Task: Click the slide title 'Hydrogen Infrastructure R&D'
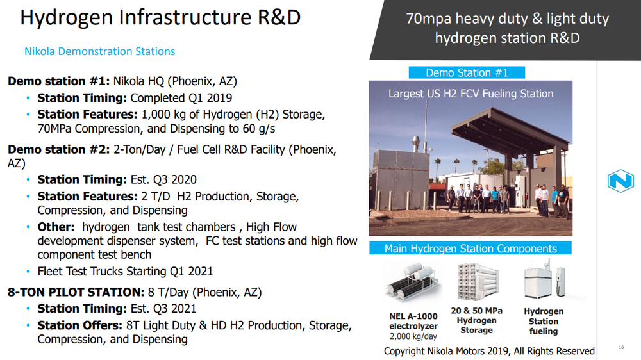(x=160, y=17)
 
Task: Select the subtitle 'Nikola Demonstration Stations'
(x=100, y=51)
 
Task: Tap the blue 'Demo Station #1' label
(x=467, y=73)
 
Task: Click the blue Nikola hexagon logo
(x=620, y=181)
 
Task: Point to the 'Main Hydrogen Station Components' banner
(x=470, y=249)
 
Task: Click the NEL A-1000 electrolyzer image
(x=413, y=282)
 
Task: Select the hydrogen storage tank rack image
(x=478, y=282)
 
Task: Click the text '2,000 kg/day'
(x=413, y=336)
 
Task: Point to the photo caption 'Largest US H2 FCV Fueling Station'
(x=471, y=94)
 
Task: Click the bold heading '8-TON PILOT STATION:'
(x=76, y=292)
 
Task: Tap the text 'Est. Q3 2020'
(x=163, y=180)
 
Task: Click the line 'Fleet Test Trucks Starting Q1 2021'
(x=125, y=272)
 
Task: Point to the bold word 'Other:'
(x=56, y=227)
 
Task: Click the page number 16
(x=621, y=347)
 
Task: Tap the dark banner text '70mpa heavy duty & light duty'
(x=507, y=19)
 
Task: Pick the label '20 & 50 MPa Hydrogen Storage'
(x=477, y=320)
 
